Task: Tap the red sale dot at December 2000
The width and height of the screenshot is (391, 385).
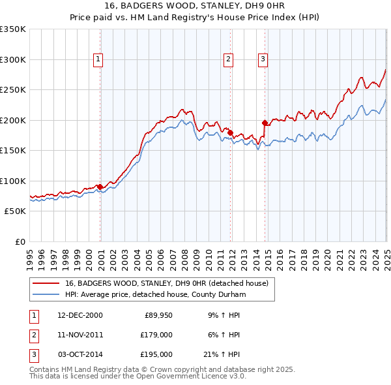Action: pyautogui.click(x=100, y=187)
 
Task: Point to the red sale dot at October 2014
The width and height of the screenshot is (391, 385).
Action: pyautogui.click(x=265, y=123)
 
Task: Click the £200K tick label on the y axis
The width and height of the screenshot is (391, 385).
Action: pyautogui.click(x=13, y=120)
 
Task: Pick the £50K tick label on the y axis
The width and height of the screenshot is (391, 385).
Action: pyautogui.click(x=15, y=211)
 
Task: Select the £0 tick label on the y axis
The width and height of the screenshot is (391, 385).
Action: pyautogui.click(x=21, y=241)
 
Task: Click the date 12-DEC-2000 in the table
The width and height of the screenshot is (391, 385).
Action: pyautogui.click(x=80, y=315)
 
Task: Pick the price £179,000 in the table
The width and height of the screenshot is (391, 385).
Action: pyautogui.click(x=156, y=335)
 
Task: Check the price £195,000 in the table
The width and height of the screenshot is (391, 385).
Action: pyautogui.click(x=156, y=354)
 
